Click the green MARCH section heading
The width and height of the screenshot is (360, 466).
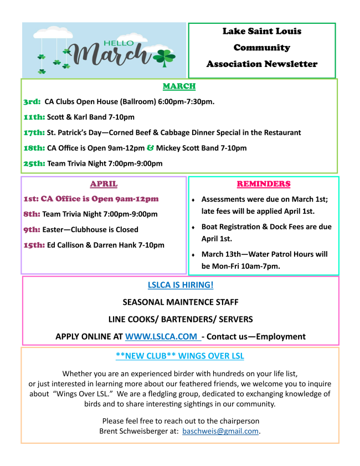tap(179, 86)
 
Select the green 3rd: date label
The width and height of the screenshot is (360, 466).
tap(32, 102)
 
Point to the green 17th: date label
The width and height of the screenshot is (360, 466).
tap(34, 133)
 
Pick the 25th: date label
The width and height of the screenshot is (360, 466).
tap(34, 163)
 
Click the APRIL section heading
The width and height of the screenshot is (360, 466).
tap(104, 184)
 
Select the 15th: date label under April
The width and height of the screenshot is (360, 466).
tap(34, 245)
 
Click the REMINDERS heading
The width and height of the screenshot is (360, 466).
tap(263, 184)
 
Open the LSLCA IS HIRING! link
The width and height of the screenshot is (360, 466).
tap(181, 285)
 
